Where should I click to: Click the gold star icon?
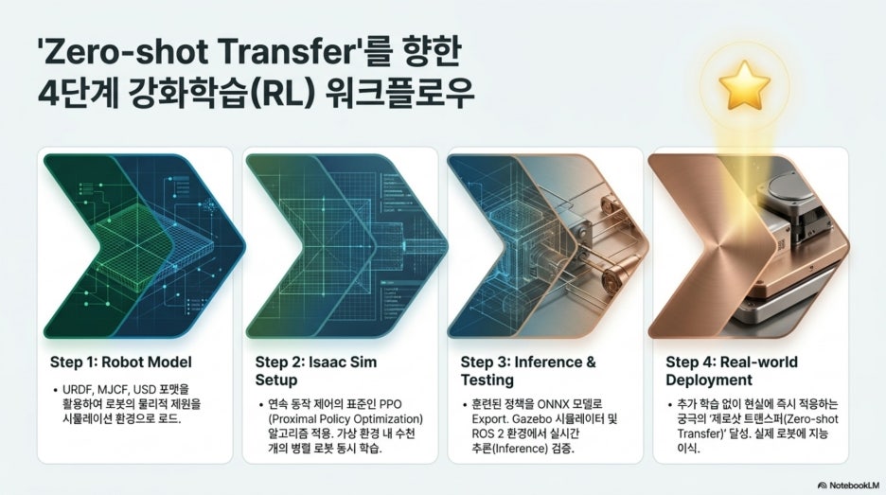click(744, 85)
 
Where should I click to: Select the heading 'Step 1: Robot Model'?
click(121, 362)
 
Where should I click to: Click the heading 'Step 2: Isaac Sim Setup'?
click(316, 371)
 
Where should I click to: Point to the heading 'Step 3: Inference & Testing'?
click(528, 371)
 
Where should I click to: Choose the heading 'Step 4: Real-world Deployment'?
click(732, 371)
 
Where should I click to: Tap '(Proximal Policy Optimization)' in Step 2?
click(346, 419)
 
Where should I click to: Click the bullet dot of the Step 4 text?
click(669, 405)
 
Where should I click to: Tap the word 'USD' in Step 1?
click(145, 389)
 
